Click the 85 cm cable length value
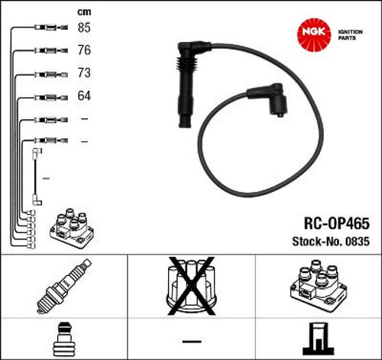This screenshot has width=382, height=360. click(84, 28)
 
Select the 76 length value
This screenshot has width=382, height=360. click(84, 50)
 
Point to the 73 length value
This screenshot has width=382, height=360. click(84, 73)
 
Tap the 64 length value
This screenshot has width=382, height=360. click(84, 96)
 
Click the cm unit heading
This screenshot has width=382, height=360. click(84, 12)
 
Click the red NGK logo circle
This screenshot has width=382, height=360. click(314, 34)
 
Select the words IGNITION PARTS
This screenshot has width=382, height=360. click(350, 35)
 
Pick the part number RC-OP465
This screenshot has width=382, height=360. click(337, 223)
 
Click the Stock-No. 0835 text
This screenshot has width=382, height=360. click(331, 242)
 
